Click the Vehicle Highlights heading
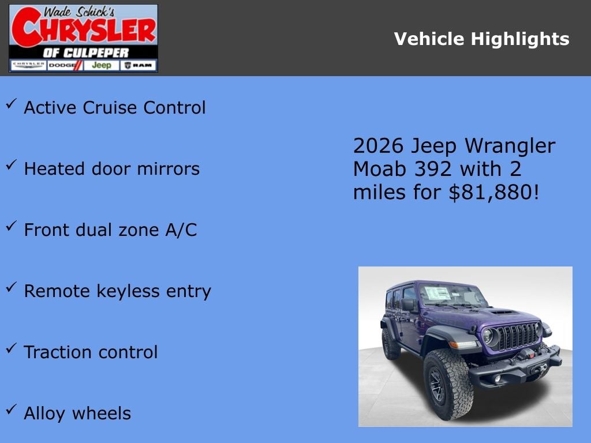[x=481, y=39]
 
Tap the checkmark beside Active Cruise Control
[x=12, y=104]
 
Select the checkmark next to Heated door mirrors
[x=12, y=165]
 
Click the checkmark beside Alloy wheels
[x=12, y=410]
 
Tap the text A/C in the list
[x=181, y=230]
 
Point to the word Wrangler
[x=511, y=146]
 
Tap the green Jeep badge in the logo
[x=102, y=65]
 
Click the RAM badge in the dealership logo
[x=139, y=65]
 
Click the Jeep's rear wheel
[x=391, y=344]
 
